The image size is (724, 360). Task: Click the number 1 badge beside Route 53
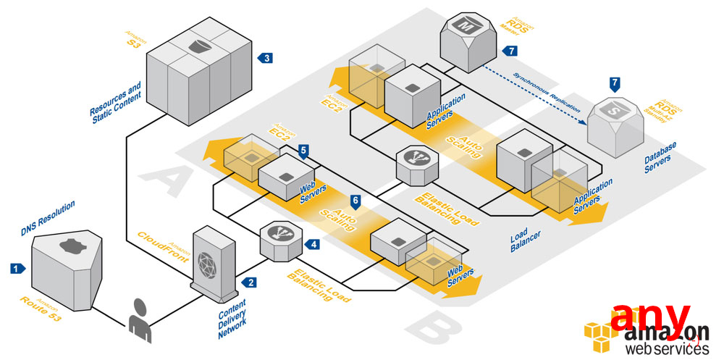[x=17, y=268]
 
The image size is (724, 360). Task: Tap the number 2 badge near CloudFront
[x=251, y=282]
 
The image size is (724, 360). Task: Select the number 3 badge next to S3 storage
[x=267, y=58]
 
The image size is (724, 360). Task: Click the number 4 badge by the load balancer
[x=313, y=244]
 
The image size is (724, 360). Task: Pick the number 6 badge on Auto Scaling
[x=355, y=199]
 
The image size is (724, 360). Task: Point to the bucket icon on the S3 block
[x=198, y=47]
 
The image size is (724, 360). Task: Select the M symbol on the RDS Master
[x=463, y=27]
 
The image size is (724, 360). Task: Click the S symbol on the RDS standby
[x=615, y=112]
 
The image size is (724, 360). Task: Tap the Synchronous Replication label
[x=548, y=91]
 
